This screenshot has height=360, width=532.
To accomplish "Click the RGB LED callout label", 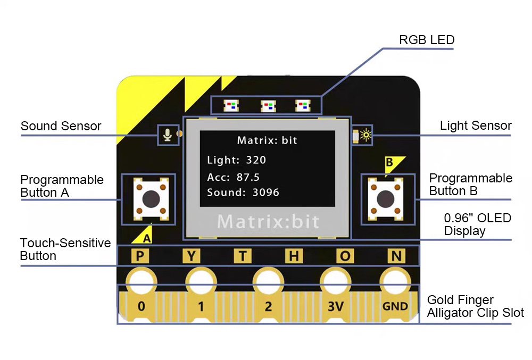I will [x=427, y=40].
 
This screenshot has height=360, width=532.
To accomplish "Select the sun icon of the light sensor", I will [x=365, y=135].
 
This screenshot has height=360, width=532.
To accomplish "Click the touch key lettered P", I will [x=140, y=256].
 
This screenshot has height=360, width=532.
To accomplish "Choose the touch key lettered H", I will [x=293, y=256].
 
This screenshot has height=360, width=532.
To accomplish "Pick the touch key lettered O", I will [x=345, y=256].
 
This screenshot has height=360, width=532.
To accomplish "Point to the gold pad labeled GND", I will [x=395, y=306].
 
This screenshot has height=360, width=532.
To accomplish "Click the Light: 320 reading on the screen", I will [x=236, y=160].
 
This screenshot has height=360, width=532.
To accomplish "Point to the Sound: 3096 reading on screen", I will [x=243, y=192].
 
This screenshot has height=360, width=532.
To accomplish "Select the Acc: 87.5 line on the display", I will [x=233, y=177].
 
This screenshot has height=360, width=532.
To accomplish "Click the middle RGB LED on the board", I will [x=268, y=106].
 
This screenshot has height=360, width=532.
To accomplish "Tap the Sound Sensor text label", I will [x=61, y=126].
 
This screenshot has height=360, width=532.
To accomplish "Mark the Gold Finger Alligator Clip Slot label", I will [x=475, y=306].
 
